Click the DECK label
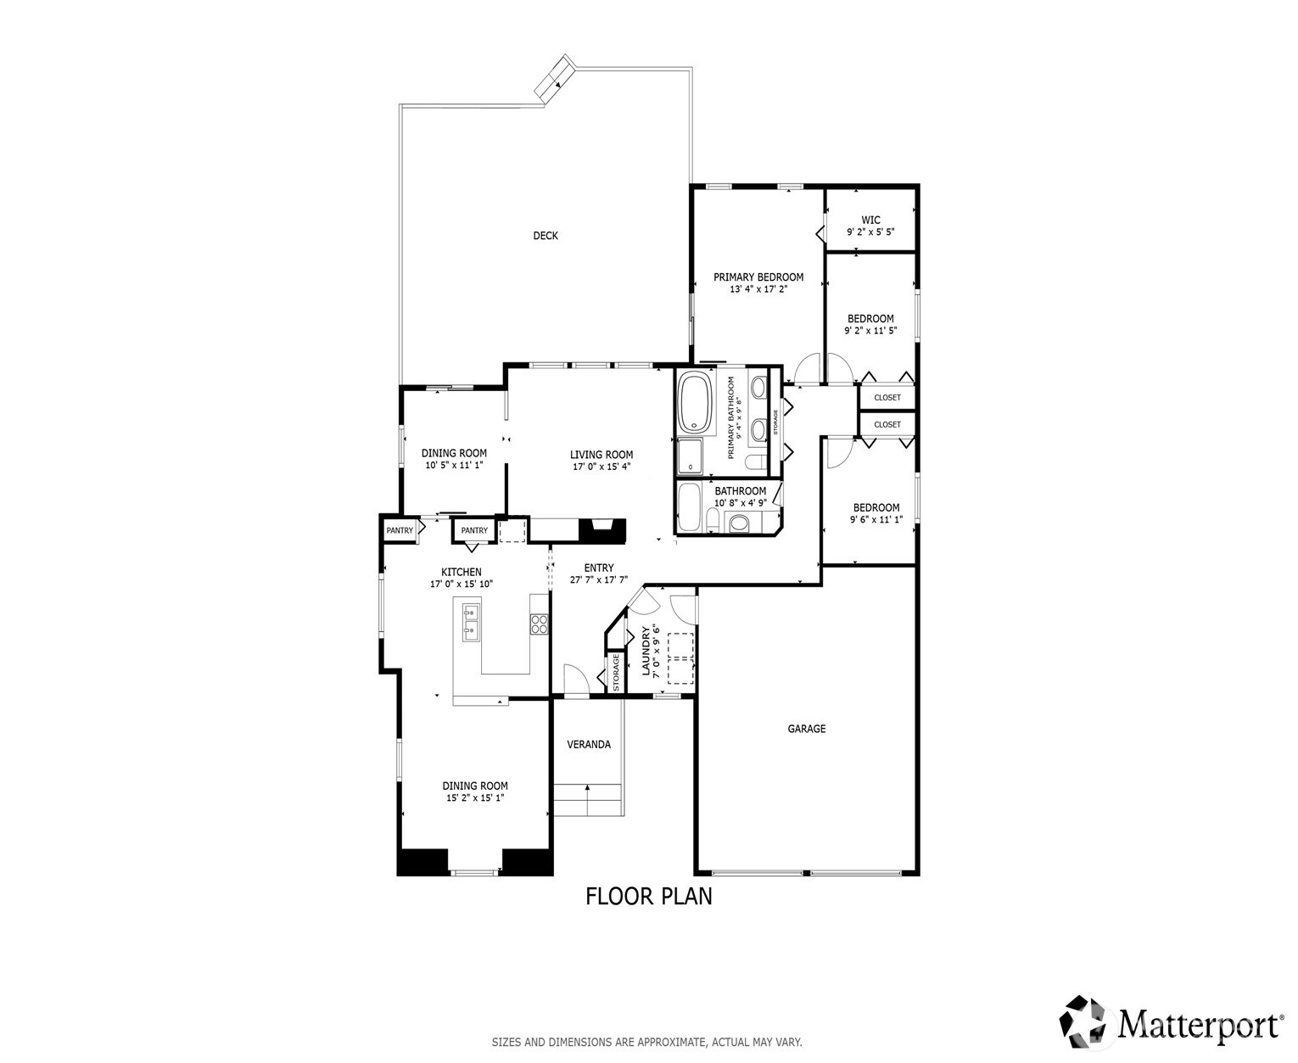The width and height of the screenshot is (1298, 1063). [x=545, y=236]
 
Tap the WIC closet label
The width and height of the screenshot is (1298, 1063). [x=870, y=220]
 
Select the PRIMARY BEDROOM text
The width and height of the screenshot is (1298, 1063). [x=758, y=277]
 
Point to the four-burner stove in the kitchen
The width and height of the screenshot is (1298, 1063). [x=539, y=624]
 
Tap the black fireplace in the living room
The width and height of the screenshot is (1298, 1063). [x=601, y=530]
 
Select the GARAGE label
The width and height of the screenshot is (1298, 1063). [x=806, y=729]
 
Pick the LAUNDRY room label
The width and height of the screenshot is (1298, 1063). [x=646, y=651]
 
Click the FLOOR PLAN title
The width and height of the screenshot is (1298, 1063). [x=649, y=896]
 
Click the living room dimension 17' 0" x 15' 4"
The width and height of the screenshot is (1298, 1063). [x=601, y=467]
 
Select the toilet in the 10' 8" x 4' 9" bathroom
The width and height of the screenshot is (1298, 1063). [x=739, y=523]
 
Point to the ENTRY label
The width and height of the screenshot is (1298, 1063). [x=598, y=568]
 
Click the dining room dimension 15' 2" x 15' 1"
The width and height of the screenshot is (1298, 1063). [x=474, y=798]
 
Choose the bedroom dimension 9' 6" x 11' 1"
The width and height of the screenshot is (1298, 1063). [x=876, y=520]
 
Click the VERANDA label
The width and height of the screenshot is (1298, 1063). [x=588, y=745]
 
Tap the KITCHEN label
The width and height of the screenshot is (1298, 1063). [x=461, y=573]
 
